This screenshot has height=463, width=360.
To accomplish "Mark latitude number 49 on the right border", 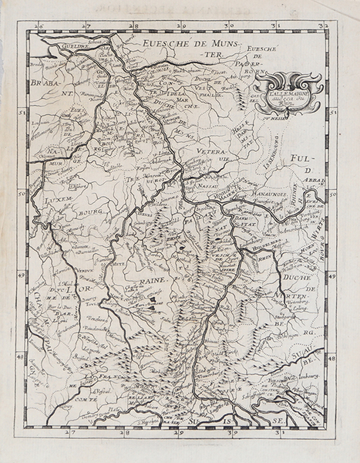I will tap(334, 275).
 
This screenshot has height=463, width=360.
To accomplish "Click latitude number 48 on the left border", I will tap(22, 357).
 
